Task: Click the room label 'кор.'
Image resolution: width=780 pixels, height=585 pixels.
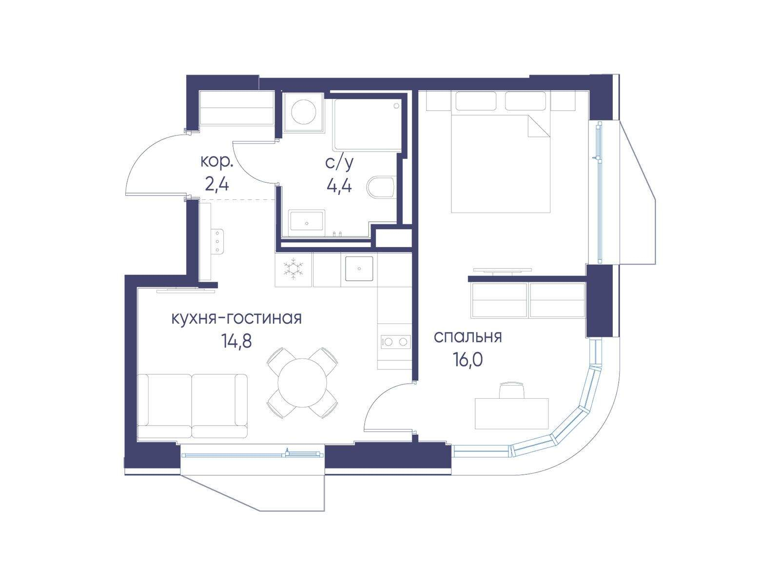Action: [x=217, y=162]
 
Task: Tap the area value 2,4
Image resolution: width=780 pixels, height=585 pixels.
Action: [x=217, y=185]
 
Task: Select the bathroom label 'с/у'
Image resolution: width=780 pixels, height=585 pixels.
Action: [x=340, y=163]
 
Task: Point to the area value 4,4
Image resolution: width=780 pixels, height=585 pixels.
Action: [x=339, y=185]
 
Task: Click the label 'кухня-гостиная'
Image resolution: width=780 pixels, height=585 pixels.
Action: [x=236, y=319]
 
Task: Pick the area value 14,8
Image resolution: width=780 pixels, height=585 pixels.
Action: [x=236, y=341]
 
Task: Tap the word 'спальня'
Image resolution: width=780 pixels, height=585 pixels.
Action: [x=468, y=337]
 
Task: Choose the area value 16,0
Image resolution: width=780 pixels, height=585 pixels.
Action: [x=468, y=360]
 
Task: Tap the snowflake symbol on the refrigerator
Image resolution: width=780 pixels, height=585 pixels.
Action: [x=293, y=269]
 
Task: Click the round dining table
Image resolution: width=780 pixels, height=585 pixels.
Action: [x=302, y=383]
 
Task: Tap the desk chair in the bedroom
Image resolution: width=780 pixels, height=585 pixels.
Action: [x=512, y=390]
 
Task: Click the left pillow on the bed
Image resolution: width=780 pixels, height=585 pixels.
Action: [x=476, y=101]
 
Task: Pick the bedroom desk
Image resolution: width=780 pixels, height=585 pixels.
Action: [x=512, y=413]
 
